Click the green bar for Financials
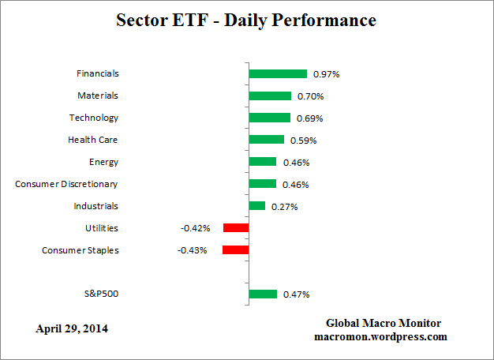pyautogui.click(x=278, y=73)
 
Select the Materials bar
pyautogui.click(x=270, y=96)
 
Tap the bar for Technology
pyautogui.click(x=269, y=118)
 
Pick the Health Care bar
pyautogui.click(x=266, y=140)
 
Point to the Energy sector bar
pyautogui.click(x=262, y=162)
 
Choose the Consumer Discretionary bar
pyautogui.click(x=262, y=184)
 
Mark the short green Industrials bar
pyautogui.click(x=256, y=206)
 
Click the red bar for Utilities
pyautogui.click(x=236, y=228)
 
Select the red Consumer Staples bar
pyautogui.click(x=235, y=250)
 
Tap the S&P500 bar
pyautogui.click(x=263, y=294)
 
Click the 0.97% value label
pyautogui.click(x=326, y=74)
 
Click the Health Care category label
pyautogui.click(x=93, y=140)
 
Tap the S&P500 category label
pyautogui.click(x=100, y=294)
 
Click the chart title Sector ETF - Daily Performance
pyautogui.click(x=247, y=20)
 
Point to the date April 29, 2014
pyautogui.click(x=72, y=328)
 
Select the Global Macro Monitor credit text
pyautogui.click(x=384, y=324)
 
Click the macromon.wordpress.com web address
pyautogui.click(x=384, y=336)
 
